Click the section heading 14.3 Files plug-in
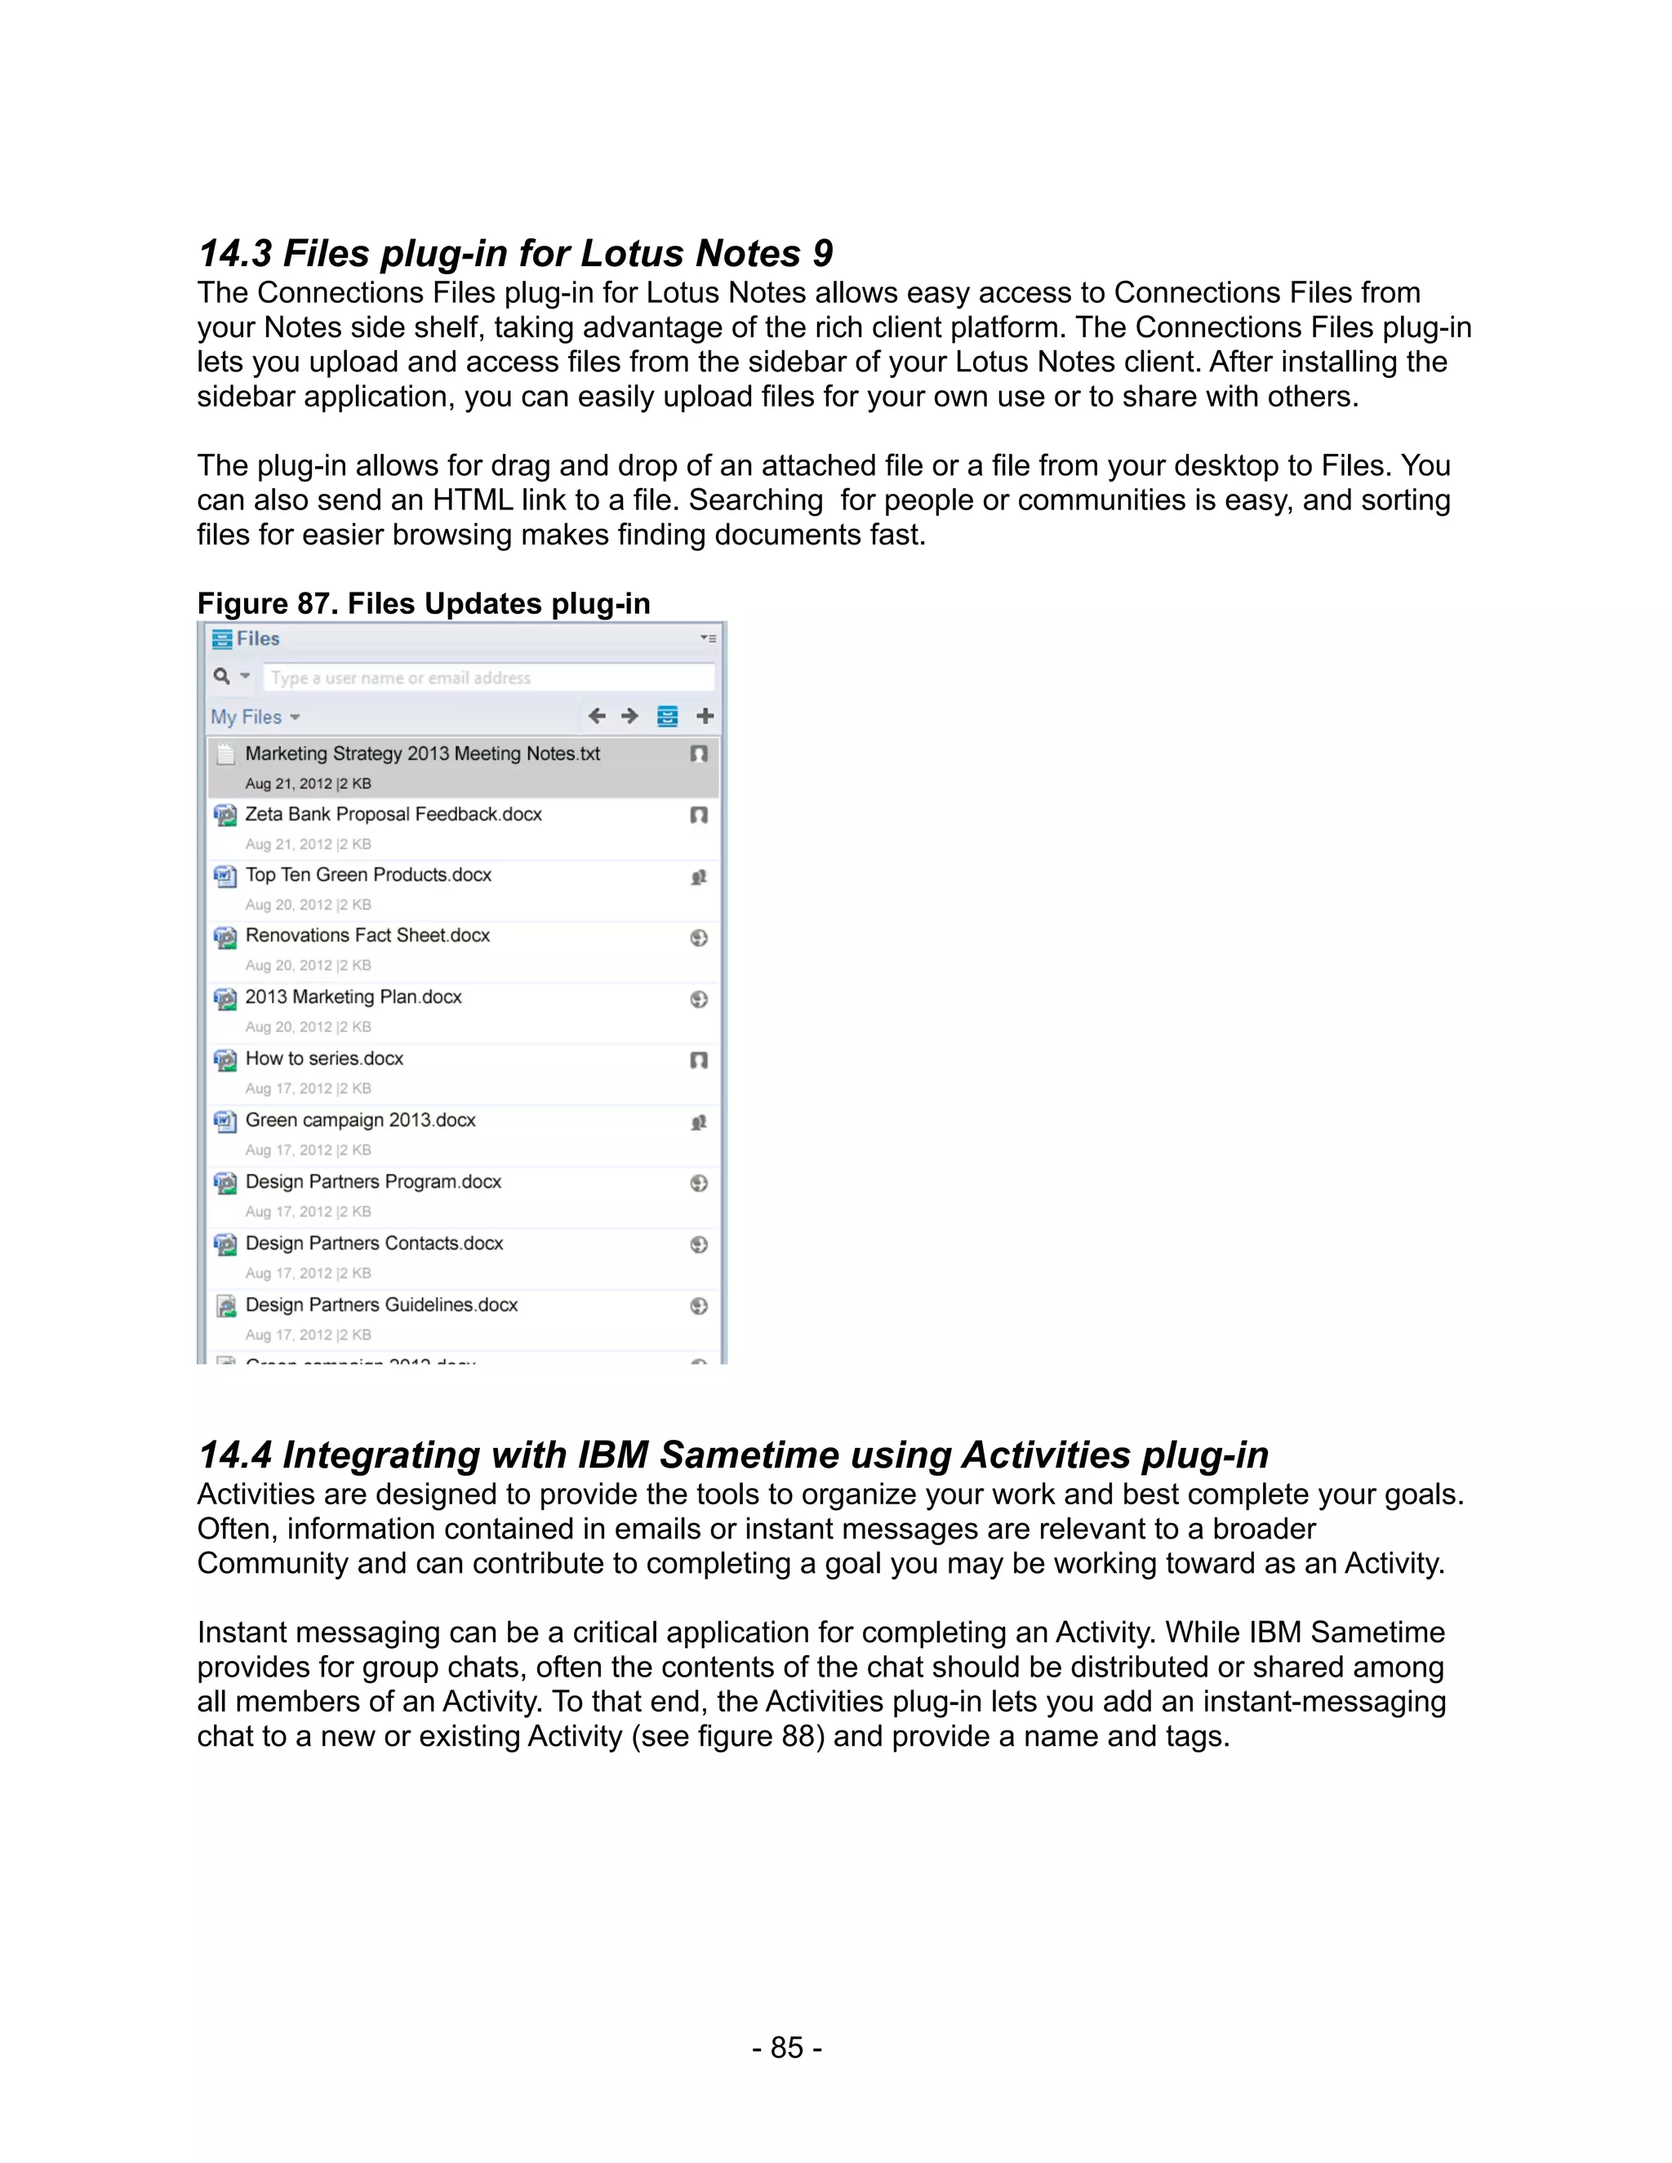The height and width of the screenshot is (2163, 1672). pos(515,254)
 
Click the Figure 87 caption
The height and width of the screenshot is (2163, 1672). pos(423,603)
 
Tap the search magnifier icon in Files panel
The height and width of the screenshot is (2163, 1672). pos(222,677)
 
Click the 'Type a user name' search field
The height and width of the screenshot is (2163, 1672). pos(487,677)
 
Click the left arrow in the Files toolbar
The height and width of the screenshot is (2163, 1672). pos(596,716)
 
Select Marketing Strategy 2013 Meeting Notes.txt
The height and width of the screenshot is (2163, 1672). pos(422,753)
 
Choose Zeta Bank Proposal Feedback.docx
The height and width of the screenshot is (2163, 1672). pos(394,814)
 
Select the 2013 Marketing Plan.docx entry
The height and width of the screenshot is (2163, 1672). pos(354,997)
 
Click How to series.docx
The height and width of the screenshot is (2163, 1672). pos(324,1059)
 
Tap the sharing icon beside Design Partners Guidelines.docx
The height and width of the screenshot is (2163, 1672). pos(698,1306)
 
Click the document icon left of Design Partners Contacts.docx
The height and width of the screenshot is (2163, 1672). pos(226,1245)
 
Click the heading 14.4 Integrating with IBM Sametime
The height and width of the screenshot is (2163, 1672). pos(733,1455)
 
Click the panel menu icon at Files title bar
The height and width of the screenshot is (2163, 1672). pos(707,639)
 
